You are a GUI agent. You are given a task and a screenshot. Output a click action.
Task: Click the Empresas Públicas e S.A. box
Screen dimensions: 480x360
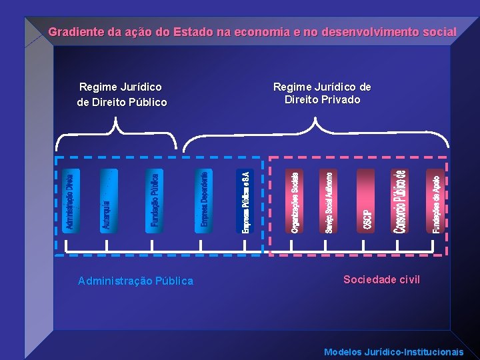point(245,201)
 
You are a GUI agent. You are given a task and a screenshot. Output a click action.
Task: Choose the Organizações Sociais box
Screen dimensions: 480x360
point(295,201)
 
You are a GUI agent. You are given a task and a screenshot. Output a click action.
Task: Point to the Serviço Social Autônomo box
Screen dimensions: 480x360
point(329,201)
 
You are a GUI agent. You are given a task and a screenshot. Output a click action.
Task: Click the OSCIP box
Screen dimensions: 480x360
point(366,201)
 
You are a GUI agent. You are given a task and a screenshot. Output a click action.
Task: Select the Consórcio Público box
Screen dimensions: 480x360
point(399,201)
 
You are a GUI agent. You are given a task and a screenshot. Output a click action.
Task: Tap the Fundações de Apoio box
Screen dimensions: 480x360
point(435,201)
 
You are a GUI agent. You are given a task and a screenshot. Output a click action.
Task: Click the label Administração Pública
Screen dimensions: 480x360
point(135,281)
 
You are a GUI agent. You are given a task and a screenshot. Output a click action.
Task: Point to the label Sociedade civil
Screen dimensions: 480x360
point(381,279)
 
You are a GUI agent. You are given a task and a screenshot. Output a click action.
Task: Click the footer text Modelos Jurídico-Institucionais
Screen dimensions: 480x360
point(393,351)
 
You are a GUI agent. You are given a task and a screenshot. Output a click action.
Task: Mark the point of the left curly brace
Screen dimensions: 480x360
point(117,119)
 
